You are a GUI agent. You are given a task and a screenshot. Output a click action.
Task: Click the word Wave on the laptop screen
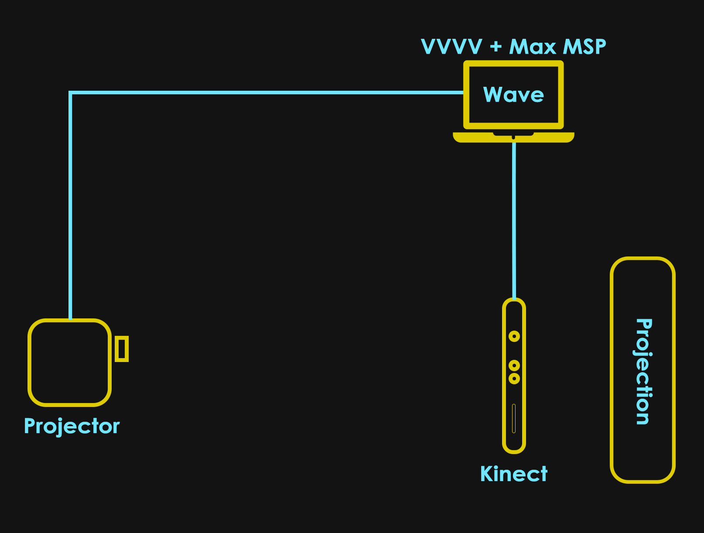[513, 95]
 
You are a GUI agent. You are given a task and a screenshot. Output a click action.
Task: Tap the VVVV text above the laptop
[451, 47]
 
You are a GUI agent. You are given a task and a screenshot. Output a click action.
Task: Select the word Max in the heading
[532, 47]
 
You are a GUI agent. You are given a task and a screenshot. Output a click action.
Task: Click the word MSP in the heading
[585, 47]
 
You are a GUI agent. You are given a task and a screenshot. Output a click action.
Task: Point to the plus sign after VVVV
[496, 47]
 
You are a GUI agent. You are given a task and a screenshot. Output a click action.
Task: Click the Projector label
[72, 426]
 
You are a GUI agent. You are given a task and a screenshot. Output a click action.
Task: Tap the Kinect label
[513, 474]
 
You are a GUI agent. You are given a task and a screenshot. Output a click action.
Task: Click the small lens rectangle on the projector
[122, 349]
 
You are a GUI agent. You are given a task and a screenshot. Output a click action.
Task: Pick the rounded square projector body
[70, 362]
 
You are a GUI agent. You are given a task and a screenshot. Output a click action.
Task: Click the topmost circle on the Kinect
[514, 336]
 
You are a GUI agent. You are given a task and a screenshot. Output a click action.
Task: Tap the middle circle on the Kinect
[514, 366]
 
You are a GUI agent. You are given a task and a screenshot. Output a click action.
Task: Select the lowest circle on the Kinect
[514, 378]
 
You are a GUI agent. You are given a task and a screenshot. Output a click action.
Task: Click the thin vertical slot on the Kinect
[514, 419]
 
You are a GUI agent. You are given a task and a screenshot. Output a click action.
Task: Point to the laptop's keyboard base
[513, 137]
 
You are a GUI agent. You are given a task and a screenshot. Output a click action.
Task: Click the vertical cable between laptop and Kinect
[514, 218]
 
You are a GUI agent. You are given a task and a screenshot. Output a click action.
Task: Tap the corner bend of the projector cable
[71, 93]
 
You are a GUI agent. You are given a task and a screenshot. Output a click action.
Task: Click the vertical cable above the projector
[70, 205]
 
